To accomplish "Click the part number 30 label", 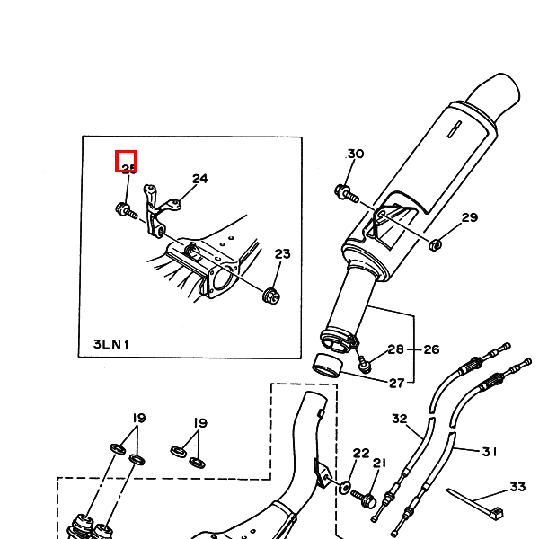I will click(356, 154).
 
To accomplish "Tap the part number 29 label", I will click(470, 218).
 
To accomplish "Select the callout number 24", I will click(199, 179).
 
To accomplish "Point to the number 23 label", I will click(282, 254).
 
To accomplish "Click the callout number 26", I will click(431, 349).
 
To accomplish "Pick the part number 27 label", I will click(396, 384).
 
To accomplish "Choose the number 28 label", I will click(396, 349).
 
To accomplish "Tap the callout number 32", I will click(400, 419).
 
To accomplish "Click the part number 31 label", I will click(490, 452).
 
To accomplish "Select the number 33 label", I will click(517, 487).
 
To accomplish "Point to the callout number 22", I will click(361, 454).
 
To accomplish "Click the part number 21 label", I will click(379, 464).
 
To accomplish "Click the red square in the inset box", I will click(126, 162).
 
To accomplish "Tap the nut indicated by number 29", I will click(434, 243).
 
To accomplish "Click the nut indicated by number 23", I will click(269, 295).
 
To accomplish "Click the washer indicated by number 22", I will click(346, 488).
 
